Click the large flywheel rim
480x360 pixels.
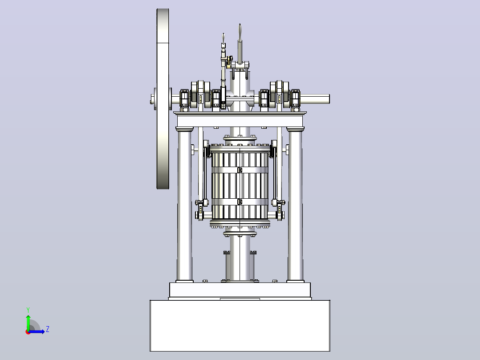tap(163, 46)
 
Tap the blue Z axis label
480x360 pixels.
tap(48, 329)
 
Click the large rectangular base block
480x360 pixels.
tap(240, 326)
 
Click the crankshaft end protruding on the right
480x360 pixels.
tap(315, 99)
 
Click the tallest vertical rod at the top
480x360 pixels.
tap(240, 43)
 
